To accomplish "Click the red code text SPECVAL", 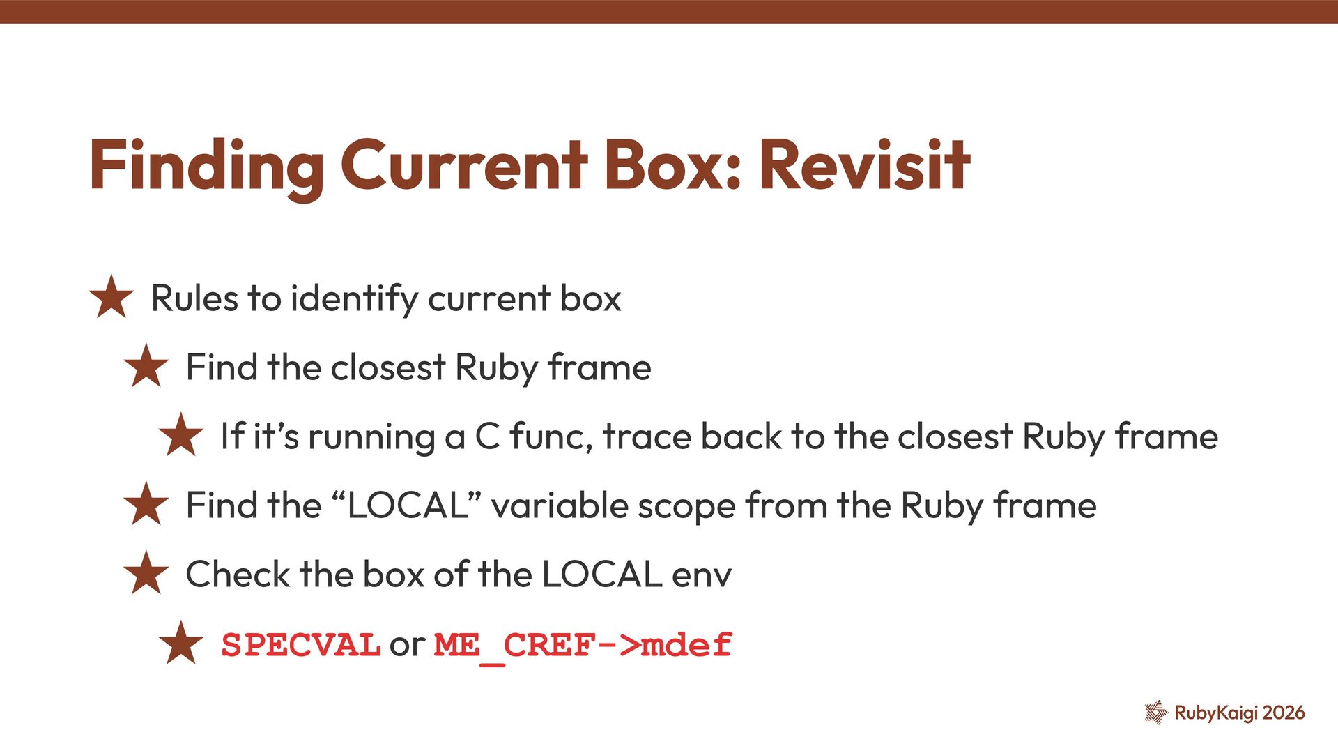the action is (300, 644).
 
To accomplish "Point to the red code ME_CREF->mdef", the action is (583, 646).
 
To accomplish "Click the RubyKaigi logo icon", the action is (1155, 712).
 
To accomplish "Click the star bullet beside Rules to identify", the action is (111, 297).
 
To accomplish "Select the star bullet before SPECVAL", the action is (180, 643).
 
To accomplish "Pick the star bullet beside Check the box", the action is (146, 573).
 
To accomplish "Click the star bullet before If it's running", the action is (180, 435).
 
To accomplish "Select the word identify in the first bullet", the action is (353, 298).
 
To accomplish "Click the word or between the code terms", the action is (407, 644).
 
